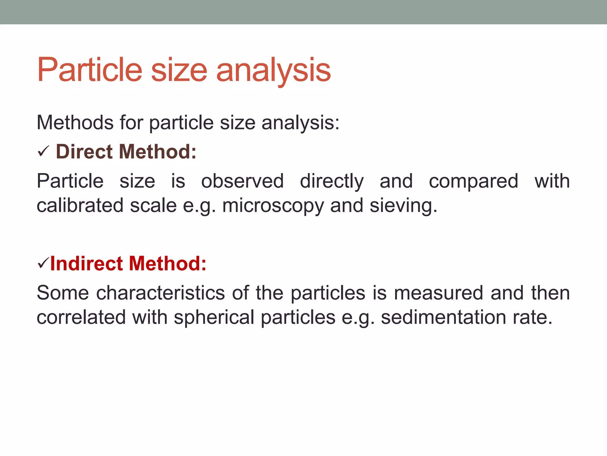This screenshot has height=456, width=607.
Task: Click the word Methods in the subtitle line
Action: tap(75, 123)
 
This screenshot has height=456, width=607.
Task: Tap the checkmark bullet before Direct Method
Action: tap(43, 152)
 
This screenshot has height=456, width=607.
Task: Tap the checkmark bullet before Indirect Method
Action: tap(43, 263)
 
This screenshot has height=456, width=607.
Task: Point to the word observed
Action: tap(242, 181)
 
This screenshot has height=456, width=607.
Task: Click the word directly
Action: tap(332, 182)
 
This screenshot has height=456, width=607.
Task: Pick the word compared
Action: tap(473, 182)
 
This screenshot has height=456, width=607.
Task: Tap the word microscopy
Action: tap(273, 206)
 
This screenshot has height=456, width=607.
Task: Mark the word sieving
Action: tap(403, 206)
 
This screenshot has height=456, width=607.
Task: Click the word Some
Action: tap(63, 293)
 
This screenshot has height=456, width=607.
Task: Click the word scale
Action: tap(153, 205)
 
